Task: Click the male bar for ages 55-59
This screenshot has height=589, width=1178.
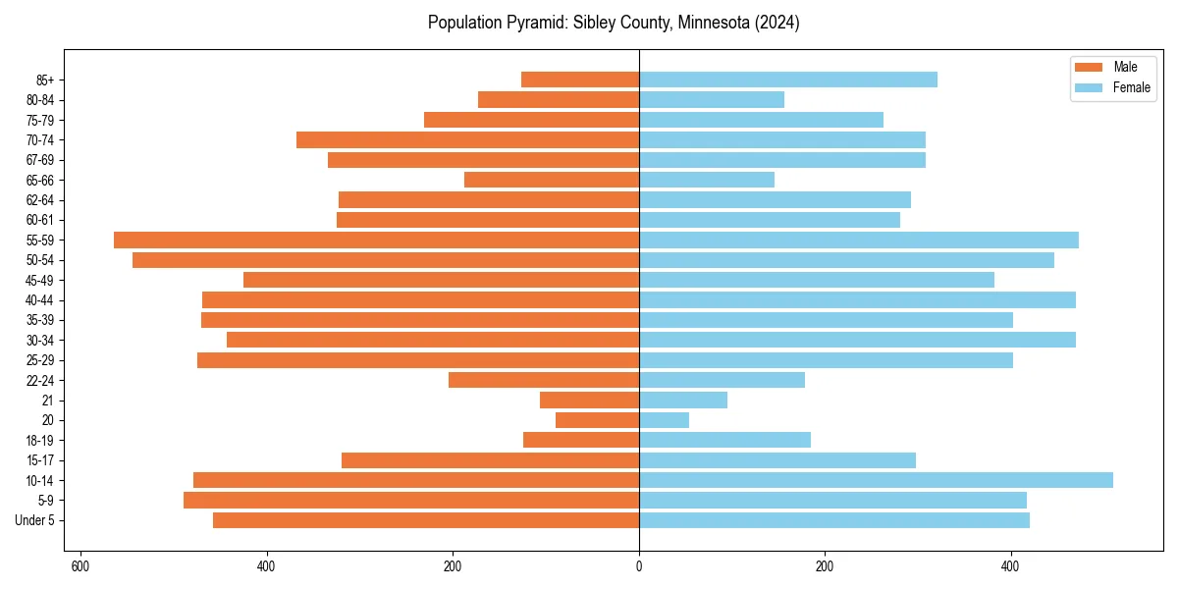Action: coord(376,240)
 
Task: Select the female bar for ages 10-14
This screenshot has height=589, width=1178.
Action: coord(876,480)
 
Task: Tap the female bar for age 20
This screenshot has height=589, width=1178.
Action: coord(664,420)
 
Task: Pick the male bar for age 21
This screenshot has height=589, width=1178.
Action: coord(589,400)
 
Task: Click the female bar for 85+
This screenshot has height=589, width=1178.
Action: coord(788,80)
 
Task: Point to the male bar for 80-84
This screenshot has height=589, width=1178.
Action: coord(559,99)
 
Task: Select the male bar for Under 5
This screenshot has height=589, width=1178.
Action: coord(426,520)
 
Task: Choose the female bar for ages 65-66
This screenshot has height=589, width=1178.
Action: coord(707,180)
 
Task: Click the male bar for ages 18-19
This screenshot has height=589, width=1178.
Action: coord(581,440)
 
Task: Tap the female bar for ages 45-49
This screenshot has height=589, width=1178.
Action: coord(817,280)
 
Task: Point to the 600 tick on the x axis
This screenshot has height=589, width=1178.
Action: coord(80,566)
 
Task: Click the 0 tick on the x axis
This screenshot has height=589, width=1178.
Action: coord(639,566)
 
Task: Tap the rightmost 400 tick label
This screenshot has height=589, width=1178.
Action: coord(1010,566)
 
